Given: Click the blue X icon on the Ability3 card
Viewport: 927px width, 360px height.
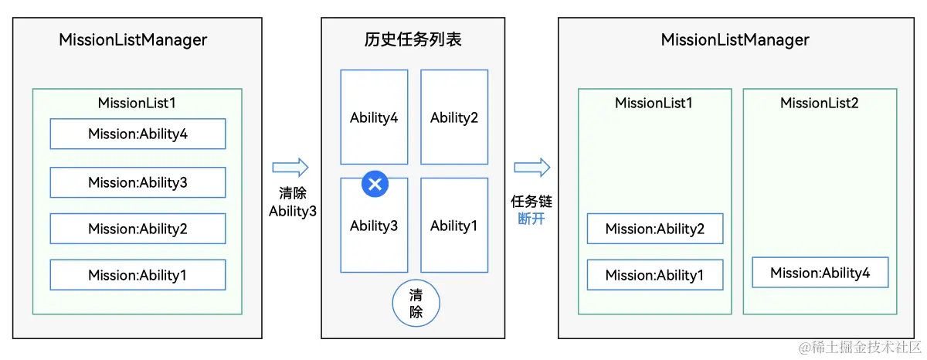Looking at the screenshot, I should click(x=375, y=184).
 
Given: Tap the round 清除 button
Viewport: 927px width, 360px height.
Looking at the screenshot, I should click(x=416, y=304).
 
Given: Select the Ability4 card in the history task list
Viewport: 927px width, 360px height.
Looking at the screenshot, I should click(x=374, y=117).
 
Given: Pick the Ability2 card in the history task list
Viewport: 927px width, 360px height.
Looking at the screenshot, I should click(x=454, y=117).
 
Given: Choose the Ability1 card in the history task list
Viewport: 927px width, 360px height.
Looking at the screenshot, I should click(x=454, y=226).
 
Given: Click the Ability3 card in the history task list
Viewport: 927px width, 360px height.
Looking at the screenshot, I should click(x=374, y=232).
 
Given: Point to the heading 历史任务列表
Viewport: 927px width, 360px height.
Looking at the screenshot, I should click(x=413, y=39).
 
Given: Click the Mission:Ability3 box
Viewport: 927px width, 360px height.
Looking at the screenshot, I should click(x=138, y=182).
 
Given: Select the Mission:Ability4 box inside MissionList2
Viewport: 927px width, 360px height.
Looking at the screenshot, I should click(x=820, y=273).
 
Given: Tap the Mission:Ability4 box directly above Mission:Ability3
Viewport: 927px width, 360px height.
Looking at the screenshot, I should click(x=138, y=134).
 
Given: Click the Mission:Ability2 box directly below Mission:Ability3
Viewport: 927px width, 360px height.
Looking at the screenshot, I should click(x=138, y=229).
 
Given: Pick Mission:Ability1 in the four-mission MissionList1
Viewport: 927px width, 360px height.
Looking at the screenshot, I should click(x=138, y=275).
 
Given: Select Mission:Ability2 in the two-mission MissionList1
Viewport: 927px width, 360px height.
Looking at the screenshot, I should click(x=655, y=229).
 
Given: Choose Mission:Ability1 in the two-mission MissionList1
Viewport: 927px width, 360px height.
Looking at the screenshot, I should click(x=655, y=275).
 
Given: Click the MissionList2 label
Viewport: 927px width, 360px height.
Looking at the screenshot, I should click(x=819, y=103).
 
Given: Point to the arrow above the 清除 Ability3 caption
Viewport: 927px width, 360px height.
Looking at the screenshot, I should click(x=290, y=168).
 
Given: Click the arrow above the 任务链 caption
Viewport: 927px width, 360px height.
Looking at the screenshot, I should click(x=532, y=168).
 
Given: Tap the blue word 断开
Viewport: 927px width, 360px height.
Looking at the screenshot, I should click(x=531, y=219).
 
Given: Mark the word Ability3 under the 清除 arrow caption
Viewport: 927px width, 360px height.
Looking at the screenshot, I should click(x=293, y=211).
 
